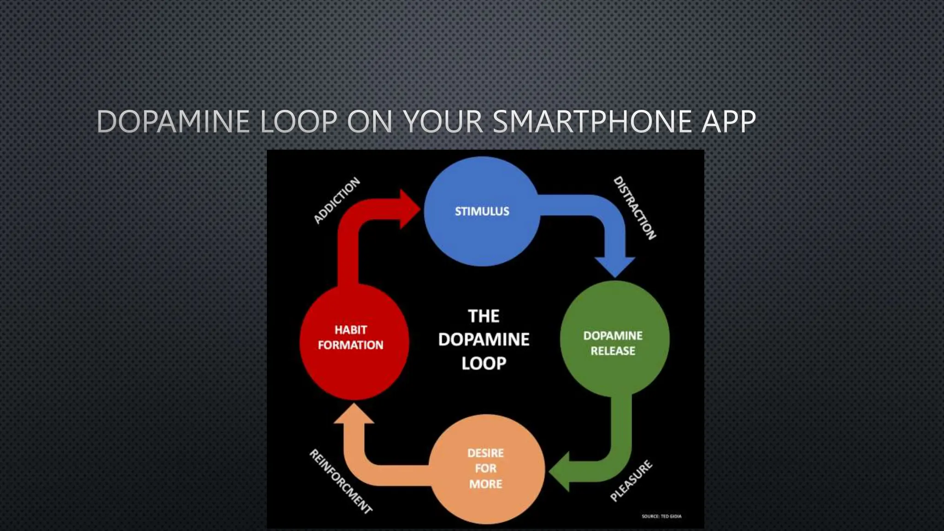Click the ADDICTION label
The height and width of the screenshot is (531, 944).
[x=336, y=201]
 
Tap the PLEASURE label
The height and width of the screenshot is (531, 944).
[x=631, y=480]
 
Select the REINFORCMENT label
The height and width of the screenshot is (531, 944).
[x=341, y=481]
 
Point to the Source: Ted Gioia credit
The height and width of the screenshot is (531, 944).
[x=661, y=516]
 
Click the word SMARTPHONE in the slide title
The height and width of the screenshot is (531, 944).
[x=593, y=122]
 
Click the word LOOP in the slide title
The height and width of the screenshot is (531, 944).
[x=299, y=122]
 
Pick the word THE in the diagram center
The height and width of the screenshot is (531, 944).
[x=484, y=316]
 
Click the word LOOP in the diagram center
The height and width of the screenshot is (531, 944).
[x=484, y=363]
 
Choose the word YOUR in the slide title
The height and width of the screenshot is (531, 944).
[x=443, y=122]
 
